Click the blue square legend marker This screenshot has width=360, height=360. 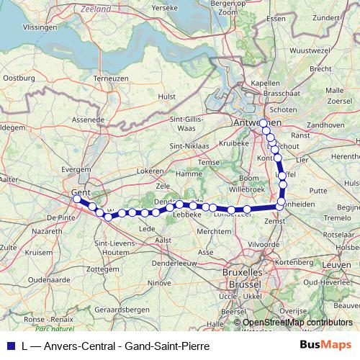pos(8,346)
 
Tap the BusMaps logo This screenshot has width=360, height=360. pos(325,346)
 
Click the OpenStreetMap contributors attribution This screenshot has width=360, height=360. pos(297,322)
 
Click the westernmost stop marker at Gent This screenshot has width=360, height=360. pos(77,197)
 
